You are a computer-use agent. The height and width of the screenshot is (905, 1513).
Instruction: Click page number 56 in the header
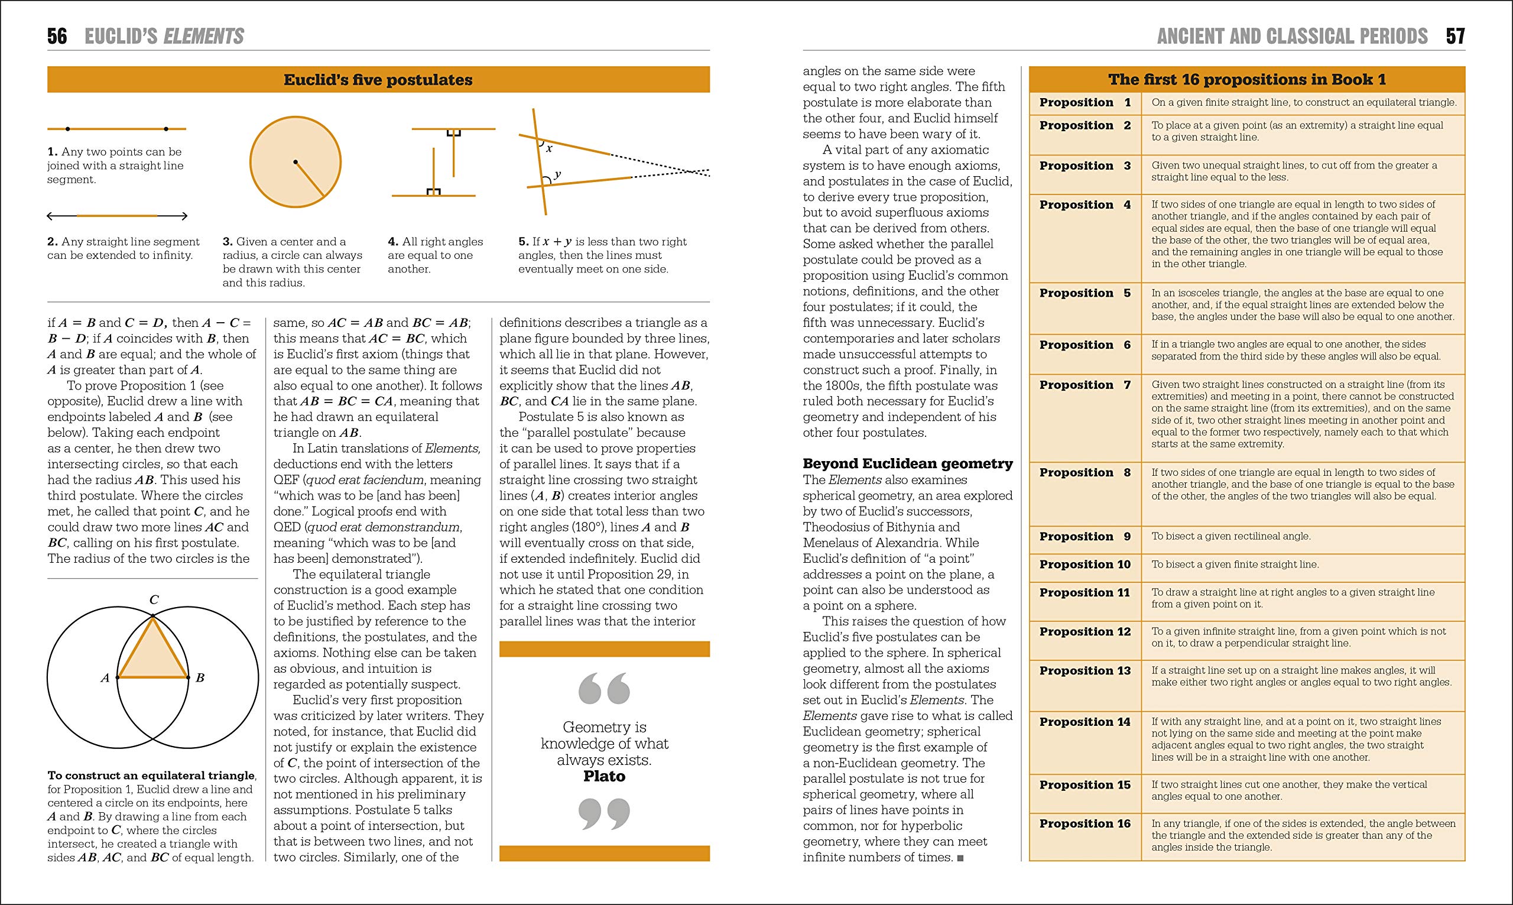(x=57, y=36)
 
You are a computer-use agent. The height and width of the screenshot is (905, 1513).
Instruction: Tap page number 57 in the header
(x=1455, y=36)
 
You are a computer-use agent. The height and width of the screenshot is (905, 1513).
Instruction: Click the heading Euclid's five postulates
(x=378, y=80)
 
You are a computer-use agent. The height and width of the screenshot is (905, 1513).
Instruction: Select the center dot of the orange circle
(x=295, y=161)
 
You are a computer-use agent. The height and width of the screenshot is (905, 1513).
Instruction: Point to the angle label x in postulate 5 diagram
(x=549, y=148)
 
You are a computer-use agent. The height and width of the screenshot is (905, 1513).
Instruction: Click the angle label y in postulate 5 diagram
(x=557, y=174)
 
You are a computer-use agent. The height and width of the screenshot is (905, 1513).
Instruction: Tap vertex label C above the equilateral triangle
(x=154, y=600)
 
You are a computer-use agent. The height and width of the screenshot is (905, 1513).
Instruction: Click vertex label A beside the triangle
(x=105, y=677)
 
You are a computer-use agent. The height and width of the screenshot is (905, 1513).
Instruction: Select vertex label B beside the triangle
(x=200, y=677)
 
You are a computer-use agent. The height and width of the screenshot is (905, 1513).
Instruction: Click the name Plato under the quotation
(x=604, y=776)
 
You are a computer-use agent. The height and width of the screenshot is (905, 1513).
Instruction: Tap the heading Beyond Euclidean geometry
(x=907, y=463)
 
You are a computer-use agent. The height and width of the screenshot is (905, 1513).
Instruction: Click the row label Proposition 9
(x=1085, y=537)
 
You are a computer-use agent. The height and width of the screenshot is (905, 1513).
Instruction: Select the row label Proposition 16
(x=1085, y=824)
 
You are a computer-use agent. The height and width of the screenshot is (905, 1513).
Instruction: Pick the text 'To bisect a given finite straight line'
(x=1235, y=565)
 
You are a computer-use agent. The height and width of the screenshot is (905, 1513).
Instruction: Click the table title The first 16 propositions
(x=1246, y=80)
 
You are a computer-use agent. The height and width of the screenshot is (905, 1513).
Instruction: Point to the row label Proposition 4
(x=1085, y=205)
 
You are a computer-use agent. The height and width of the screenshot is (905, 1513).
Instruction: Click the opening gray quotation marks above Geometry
(x=603, y=689)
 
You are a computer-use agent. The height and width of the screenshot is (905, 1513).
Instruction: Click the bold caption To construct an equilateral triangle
(x=151, y=776)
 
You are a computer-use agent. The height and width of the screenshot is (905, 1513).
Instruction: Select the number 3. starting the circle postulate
(x=228, y=242)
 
